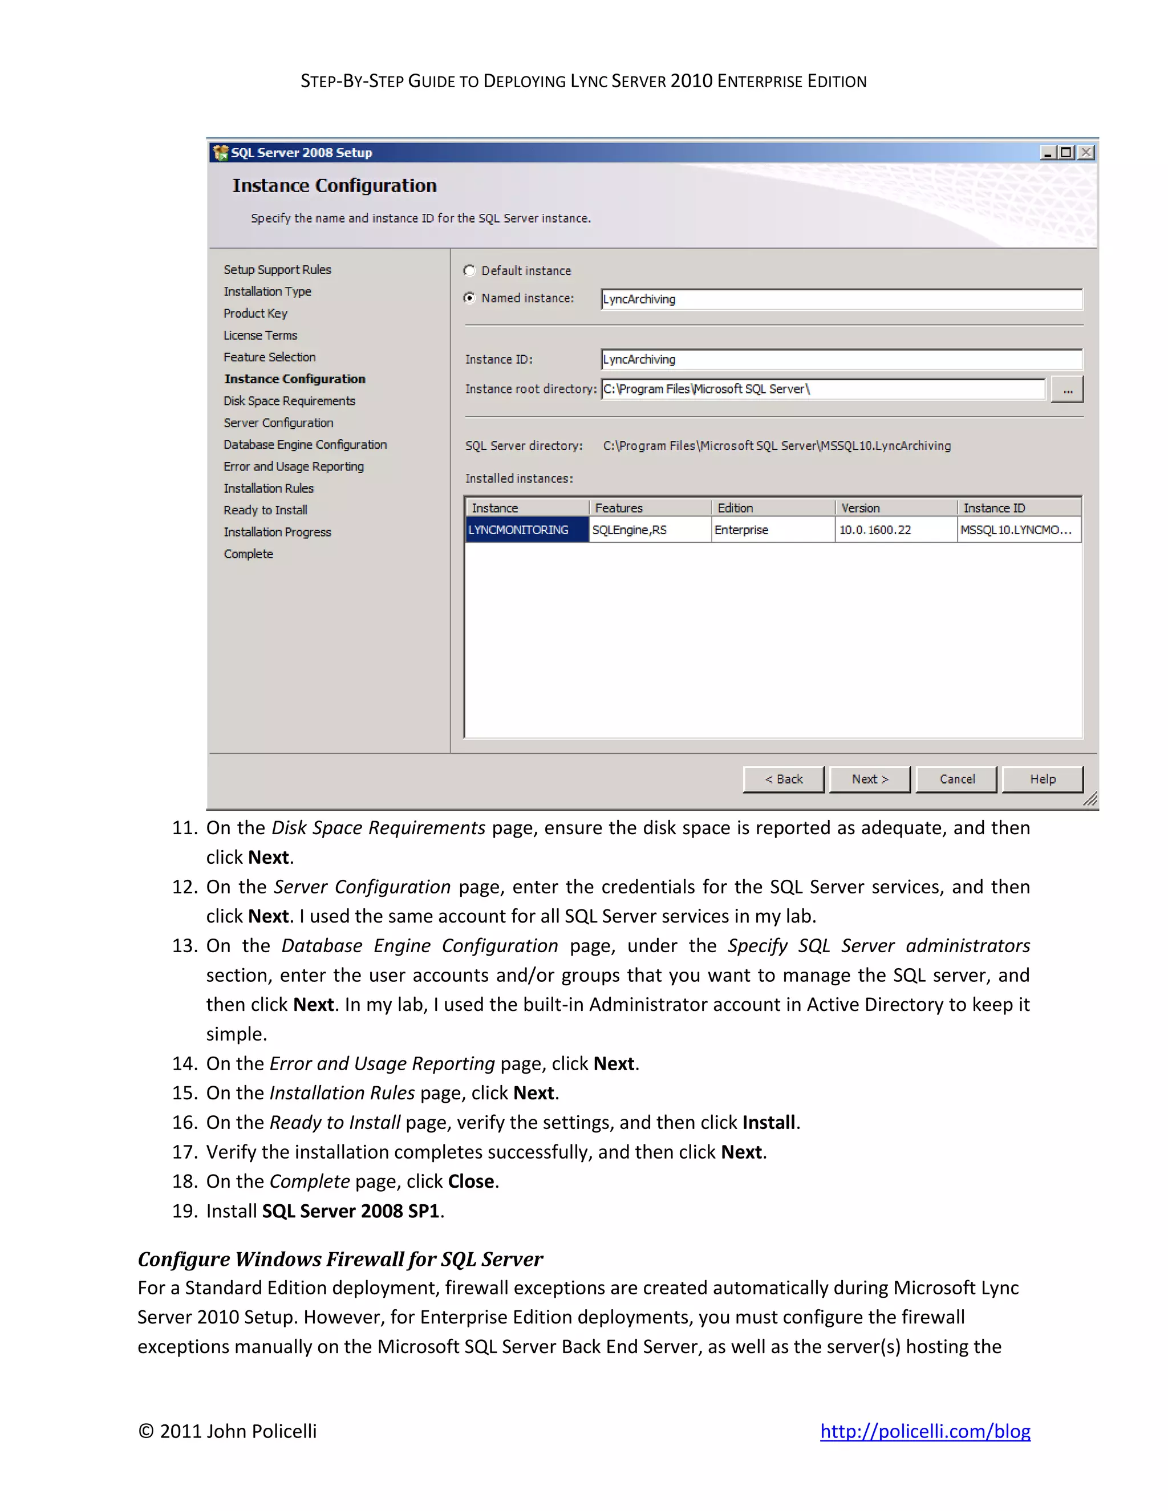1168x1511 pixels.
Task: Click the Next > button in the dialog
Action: [x=869, y=779]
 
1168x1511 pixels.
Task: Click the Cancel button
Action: [x=956, y=779]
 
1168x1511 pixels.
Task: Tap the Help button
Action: [x=1042, y=779]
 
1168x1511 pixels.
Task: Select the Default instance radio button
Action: [x=470, y=270]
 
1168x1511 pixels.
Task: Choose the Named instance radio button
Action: [x=470, y=298]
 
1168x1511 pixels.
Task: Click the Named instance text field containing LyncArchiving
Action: [x=841, y=299]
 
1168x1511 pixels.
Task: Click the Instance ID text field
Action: [x=841, y=360]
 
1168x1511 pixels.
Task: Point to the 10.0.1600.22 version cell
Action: [x=875, y=530]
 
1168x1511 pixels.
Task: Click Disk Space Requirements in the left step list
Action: [x=289, y=401]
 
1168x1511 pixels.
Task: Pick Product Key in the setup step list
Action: [x=255, y=314]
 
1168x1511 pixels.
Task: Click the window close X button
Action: [x=1086, y=152]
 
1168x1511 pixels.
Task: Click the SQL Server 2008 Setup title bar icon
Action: [x=221, y=152]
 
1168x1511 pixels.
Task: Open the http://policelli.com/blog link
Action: [x=925, y=1431]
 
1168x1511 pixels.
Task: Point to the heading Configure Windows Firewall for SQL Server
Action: [x=340, y=1258]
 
